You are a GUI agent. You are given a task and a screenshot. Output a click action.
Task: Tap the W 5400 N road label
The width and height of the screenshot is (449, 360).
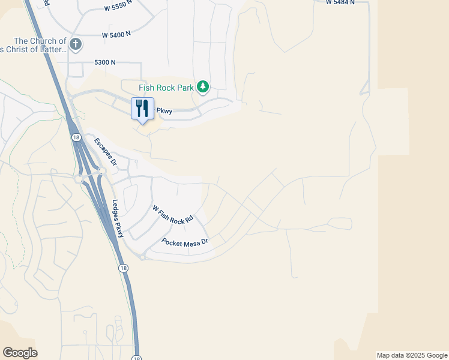(116, 35)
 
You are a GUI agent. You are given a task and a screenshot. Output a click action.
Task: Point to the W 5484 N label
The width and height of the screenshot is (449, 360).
(340, 2)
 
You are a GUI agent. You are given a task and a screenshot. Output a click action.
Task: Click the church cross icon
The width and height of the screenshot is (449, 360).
(76, 44)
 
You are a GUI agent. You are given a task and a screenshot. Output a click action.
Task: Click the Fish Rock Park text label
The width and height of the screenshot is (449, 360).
(166, 88)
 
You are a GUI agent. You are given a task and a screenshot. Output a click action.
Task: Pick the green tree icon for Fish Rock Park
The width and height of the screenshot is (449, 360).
(203, 88)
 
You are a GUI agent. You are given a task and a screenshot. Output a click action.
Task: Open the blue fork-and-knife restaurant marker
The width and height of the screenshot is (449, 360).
(142, 109)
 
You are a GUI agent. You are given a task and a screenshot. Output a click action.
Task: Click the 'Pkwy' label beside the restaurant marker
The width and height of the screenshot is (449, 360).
(164, 111)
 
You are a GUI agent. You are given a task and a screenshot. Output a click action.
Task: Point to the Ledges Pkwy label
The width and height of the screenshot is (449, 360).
(118, 218)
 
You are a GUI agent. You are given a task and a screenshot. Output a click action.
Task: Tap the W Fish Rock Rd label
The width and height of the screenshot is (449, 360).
(173, 215)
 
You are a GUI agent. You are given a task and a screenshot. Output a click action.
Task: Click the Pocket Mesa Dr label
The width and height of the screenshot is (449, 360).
(184, 242)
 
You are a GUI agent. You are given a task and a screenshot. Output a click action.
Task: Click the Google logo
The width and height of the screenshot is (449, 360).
(20, 353)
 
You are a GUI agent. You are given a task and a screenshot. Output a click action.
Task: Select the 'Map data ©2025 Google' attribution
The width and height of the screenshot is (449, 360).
(412, 355)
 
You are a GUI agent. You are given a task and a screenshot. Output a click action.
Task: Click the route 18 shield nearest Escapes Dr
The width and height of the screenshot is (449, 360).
(76, 137)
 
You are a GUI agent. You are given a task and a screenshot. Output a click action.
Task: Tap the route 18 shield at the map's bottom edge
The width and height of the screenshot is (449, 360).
(137, 358)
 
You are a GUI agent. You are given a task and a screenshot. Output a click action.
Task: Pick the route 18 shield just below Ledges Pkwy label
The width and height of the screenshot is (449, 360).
(122, 268)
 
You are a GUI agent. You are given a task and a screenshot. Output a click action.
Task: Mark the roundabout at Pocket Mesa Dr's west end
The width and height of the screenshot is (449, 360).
(142, 257)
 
